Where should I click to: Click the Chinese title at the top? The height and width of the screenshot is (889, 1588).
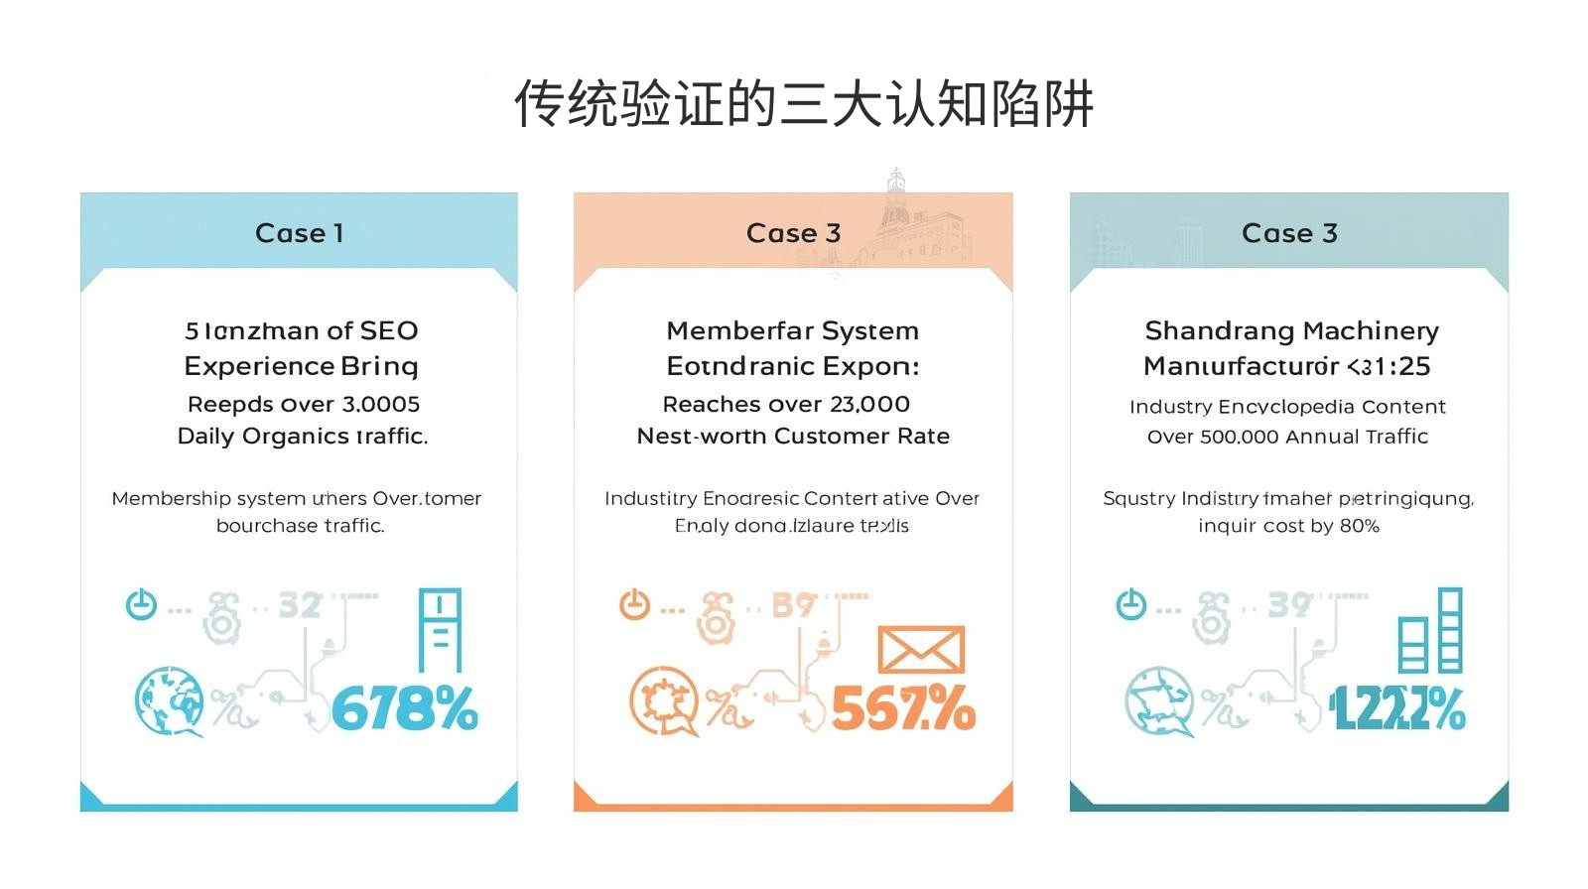(x=803, y=104)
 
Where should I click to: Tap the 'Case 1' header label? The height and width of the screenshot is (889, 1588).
(x=299, y=233)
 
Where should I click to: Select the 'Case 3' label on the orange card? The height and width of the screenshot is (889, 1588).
(x=793, y=233)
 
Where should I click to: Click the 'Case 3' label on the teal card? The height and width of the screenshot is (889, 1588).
(x=1289, y=233)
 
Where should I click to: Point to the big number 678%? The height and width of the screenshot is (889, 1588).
(x=404, y=709)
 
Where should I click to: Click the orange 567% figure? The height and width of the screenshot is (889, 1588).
(x=902, y=709)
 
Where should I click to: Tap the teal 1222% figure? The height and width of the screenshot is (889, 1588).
(x=1396, y=709)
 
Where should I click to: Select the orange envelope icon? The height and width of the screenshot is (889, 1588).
(x=920, y=650)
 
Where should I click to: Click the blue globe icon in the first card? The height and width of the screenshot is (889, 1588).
(x=169, y=700)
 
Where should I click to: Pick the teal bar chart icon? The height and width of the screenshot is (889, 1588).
(x=1430, y=631)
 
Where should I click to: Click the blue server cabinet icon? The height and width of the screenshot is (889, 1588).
(x=440, y=631)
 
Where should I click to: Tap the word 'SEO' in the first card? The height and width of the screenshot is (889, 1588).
(x=389, y=330)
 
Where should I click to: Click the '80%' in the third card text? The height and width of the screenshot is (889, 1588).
(x=1359, y=526)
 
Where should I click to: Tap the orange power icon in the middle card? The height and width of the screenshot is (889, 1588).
(x=634, y=603)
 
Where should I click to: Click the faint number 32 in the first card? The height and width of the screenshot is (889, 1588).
(x=300, y=605)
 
